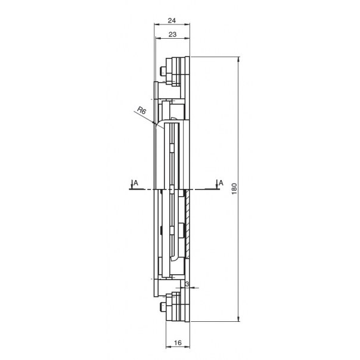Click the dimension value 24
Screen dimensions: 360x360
pyautogui.click(x=172, y=20)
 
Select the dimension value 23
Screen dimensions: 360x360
pyautogui.click(x=172, y=35)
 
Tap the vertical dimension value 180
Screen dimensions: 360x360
pyautogui.click(x=234, y=189)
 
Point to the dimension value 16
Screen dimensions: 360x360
pyautogui.click(x=178, y=343)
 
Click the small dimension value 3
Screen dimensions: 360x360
pyautogui.click(x=187, y=284)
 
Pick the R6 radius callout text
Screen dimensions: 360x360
pyautogui.click(x=141, y=110)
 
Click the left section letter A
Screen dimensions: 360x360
pyautogui.click(x=136, y=183)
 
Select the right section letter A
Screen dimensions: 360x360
pyautogui.click(x=221, y=183)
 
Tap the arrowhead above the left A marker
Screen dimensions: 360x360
pyautogui.click(x=132, y=187)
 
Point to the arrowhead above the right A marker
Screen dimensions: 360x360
pyautogui.click(x=216, y=187)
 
